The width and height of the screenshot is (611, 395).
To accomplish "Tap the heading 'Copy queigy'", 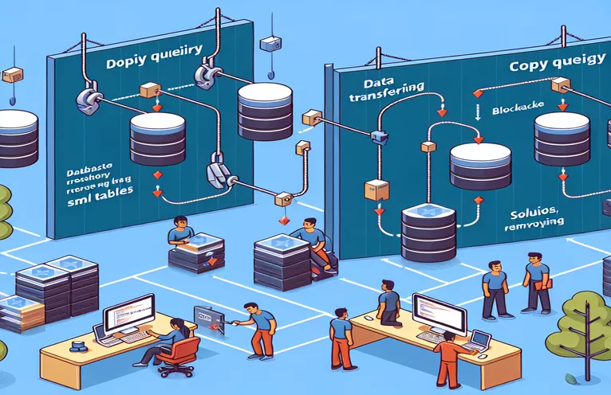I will click(x=550, y=68).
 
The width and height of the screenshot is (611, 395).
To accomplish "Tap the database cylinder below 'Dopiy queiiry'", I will click(x=152, y=135).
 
